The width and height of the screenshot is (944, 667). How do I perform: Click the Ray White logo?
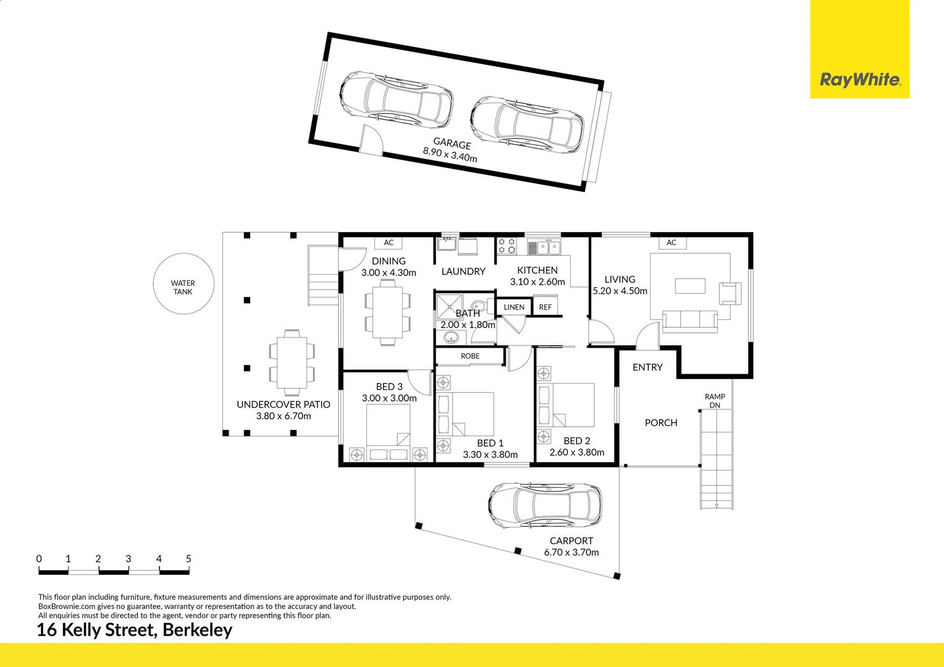(859, 79)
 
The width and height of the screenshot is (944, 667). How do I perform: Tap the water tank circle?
(183, 284)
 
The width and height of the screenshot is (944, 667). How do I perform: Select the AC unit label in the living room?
(672, 243)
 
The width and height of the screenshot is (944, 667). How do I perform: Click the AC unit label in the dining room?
(389, 243)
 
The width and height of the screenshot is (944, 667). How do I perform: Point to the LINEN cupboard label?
(513, 307)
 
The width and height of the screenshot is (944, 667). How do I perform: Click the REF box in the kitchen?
(545, 307)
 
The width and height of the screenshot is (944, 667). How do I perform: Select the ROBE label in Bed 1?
(470, 356)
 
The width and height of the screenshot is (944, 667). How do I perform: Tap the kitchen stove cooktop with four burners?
(507, 246)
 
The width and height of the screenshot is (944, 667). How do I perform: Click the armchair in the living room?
(730, 293)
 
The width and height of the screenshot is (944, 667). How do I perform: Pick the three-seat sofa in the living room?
(689, 321)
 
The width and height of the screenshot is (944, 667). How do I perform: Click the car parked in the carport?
(545, 505)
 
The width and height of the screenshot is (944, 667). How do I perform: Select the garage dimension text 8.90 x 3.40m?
(450, 154)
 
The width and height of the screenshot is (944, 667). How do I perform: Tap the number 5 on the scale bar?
(188, 559)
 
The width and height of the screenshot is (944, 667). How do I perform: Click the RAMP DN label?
(715, 401)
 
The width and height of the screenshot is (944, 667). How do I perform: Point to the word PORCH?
(660, 423)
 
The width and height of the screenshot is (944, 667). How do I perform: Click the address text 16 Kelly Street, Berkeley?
(135, 630)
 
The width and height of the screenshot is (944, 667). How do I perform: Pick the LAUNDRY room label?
(463, 272)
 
